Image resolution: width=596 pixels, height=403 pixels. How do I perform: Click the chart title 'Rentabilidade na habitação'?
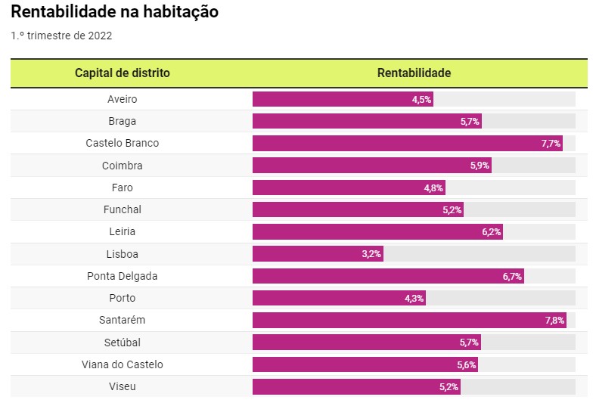click(x=115, y=12)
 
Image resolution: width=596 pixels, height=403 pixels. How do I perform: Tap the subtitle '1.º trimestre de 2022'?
click(x=62, y=36)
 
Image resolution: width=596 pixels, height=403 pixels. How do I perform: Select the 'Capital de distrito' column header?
click(x=123, y=73)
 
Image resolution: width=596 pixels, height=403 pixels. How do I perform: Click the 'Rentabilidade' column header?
click(x=414, y=73)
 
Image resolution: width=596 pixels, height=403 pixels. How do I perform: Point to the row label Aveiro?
click(x=123, y=99)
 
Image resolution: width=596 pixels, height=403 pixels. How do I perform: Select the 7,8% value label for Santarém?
click(x=554, y=321)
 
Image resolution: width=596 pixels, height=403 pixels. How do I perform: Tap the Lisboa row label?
click(x=123, y=254)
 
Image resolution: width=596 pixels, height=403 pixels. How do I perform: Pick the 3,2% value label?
click(x=371, y=254)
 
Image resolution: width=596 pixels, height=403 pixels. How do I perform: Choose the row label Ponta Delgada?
click(x=123, y=277)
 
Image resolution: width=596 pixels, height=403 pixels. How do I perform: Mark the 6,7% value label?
click(x=512, y=277)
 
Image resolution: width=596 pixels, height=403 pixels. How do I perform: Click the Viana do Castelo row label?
click(x=123, y=364)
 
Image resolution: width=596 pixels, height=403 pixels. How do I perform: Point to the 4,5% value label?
click(x=421, y=100)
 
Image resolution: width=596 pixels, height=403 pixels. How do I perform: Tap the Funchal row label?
click(x=123, y=209)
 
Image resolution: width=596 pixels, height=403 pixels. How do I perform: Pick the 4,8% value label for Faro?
click(x=433, y=188)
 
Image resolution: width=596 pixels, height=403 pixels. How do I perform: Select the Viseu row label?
click(x=123, y=387)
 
